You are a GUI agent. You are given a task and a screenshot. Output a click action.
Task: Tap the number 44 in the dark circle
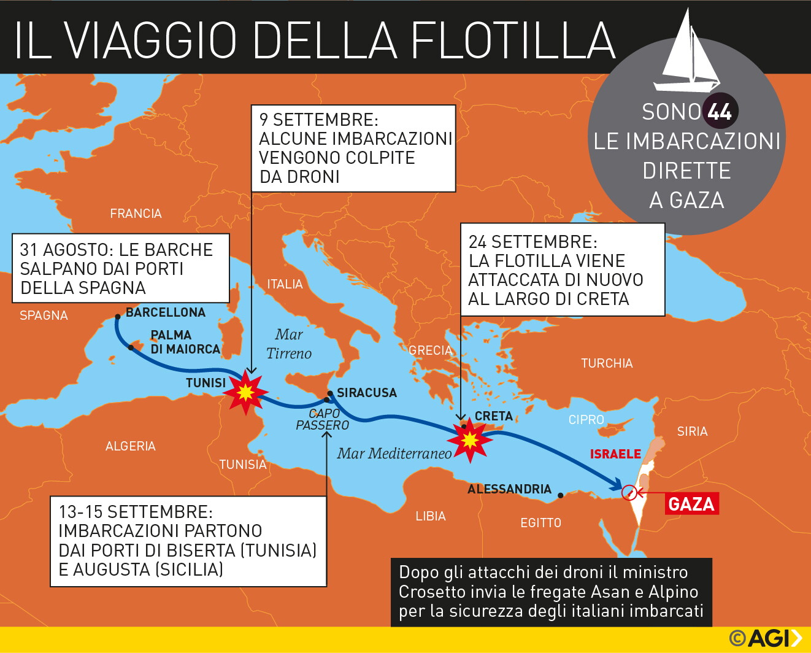tap(720, 112)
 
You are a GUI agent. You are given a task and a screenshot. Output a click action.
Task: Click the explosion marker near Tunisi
tap(245, 392)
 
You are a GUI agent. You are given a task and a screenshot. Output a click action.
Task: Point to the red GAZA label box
tap(691, 504)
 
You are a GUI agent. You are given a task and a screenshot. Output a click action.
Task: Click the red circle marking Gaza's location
tap(629, 492)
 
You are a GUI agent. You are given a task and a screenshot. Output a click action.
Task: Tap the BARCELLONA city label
tap(166, 312)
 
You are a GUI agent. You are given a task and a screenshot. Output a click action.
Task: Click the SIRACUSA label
tap(366, 393)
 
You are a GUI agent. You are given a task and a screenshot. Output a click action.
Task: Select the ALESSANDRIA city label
tap(509, 489)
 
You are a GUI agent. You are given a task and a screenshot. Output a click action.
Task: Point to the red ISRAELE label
tap(615, 454)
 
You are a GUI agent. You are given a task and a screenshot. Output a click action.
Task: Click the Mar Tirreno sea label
tap(289, 344)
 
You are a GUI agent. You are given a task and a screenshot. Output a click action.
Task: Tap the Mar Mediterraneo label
tap(394, 454)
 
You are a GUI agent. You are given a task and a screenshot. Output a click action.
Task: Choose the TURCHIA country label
tap(607, 363)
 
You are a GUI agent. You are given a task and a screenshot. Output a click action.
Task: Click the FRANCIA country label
tap(136, 214)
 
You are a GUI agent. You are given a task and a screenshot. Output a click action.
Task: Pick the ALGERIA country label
tap(130, 446)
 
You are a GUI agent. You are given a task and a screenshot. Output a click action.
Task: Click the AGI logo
tap(766, 638)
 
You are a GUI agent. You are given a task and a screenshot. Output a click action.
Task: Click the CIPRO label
tap(586, 420)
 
